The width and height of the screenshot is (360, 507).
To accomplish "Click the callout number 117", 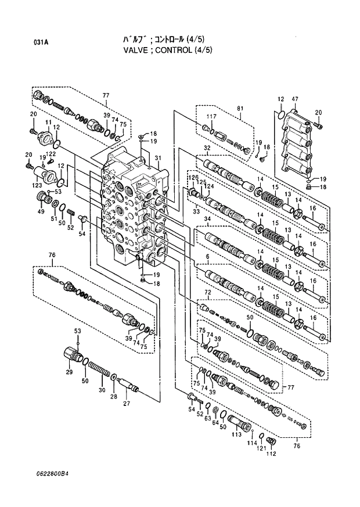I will coord(211,117).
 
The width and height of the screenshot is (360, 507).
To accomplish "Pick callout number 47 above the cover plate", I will coord(294,100).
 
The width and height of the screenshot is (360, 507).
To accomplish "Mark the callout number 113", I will coord(237,434).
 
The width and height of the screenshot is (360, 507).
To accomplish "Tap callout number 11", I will coord(49,122).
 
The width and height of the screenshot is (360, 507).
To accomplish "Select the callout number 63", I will coord(208,416).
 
